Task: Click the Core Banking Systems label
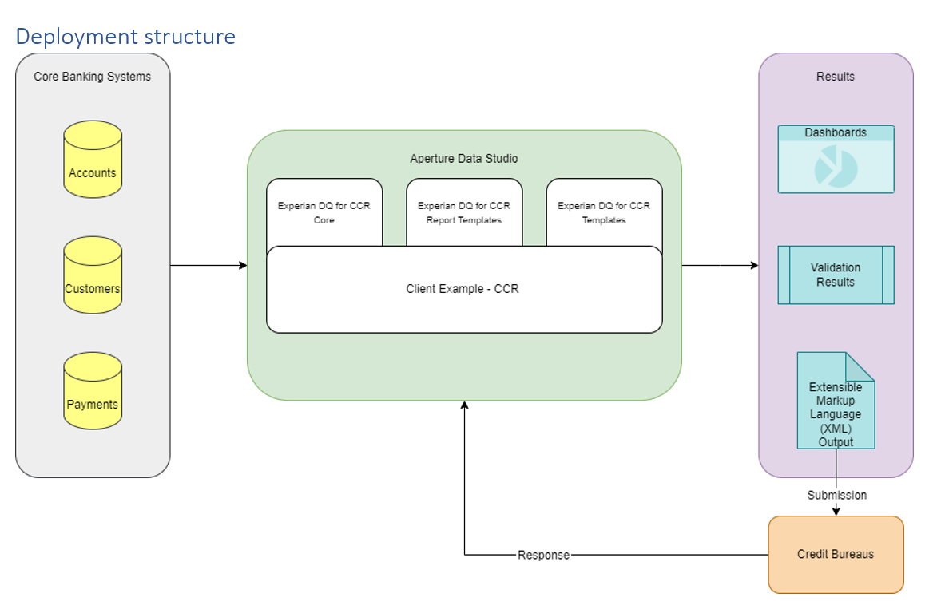pyautogui.click(x=92, y=77)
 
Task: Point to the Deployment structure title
pyautogui.click(x=125, y=37)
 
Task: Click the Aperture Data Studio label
pyautogui.click(x=463, y=159)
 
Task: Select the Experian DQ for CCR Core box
pyautogui.click(x=324, y=212)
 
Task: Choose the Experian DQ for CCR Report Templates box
pyautogui.click(x=464, y=212)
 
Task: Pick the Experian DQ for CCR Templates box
pyautogui.click(x=604, y=212)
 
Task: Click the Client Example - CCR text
pyautogui.click(x=463, y=289)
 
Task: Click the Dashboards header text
pyautogui.click(x=836, y=133)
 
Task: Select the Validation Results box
pyautogui.click(x=836, y=275)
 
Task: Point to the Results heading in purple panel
pyautogui.click(x=836, y=77)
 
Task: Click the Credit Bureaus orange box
pyautogui.click(x=836, y=554)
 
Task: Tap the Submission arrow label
pyautogui.click(x=836, y=495)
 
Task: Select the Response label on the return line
pyautogui.click(x=543, y=555)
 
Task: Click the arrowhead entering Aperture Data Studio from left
pyautogui.click(x=242, y=265)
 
